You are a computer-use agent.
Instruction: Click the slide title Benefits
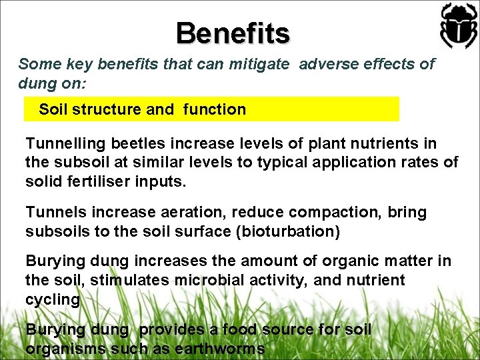click(233, 33)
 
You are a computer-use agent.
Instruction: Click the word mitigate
click(257, 65)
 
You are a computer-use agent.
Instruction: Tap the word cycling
click(52, 300)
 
